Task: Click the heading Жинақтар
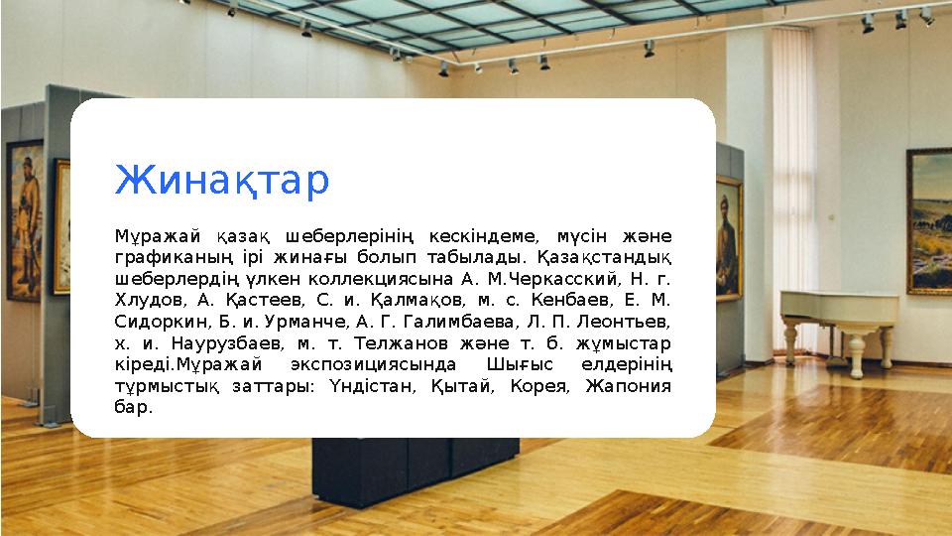click(x=222, y=181)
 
